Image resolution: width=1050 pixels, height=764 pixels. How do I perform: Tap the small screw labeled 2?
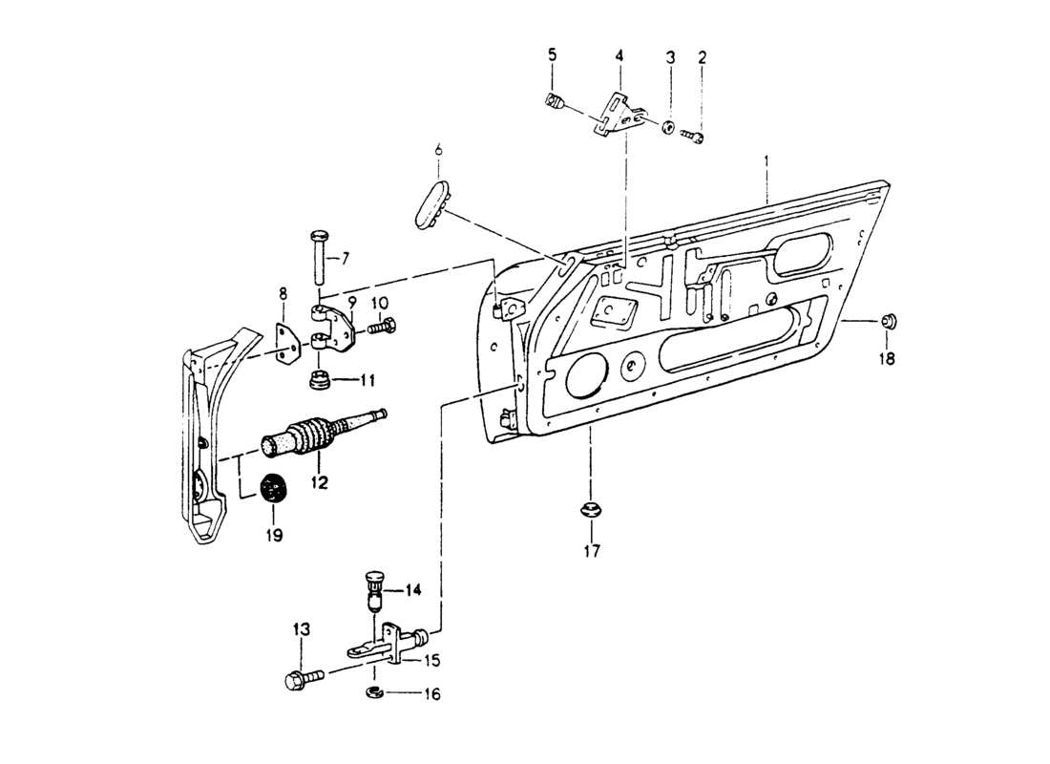point(693,138)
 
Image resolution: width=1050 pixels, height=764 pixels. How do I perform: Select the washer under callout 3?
point(668,126)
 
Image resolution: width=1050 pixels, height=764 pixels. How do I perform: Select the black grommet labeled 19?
point(274,489)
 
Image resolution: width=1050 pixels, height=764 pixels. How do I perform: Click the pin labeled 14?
point(375,589)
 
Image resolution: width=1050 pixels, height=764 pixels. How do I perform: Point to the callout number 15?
point(432,660)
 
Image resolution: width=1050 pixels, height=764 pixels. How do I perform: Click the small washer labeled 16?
point(374,692)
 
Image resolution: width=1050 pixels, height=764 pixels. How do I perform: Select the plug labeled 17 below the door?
point(592,507)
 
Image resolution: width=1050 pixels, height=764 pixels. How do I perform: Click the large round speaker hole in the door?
point(584,374)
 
